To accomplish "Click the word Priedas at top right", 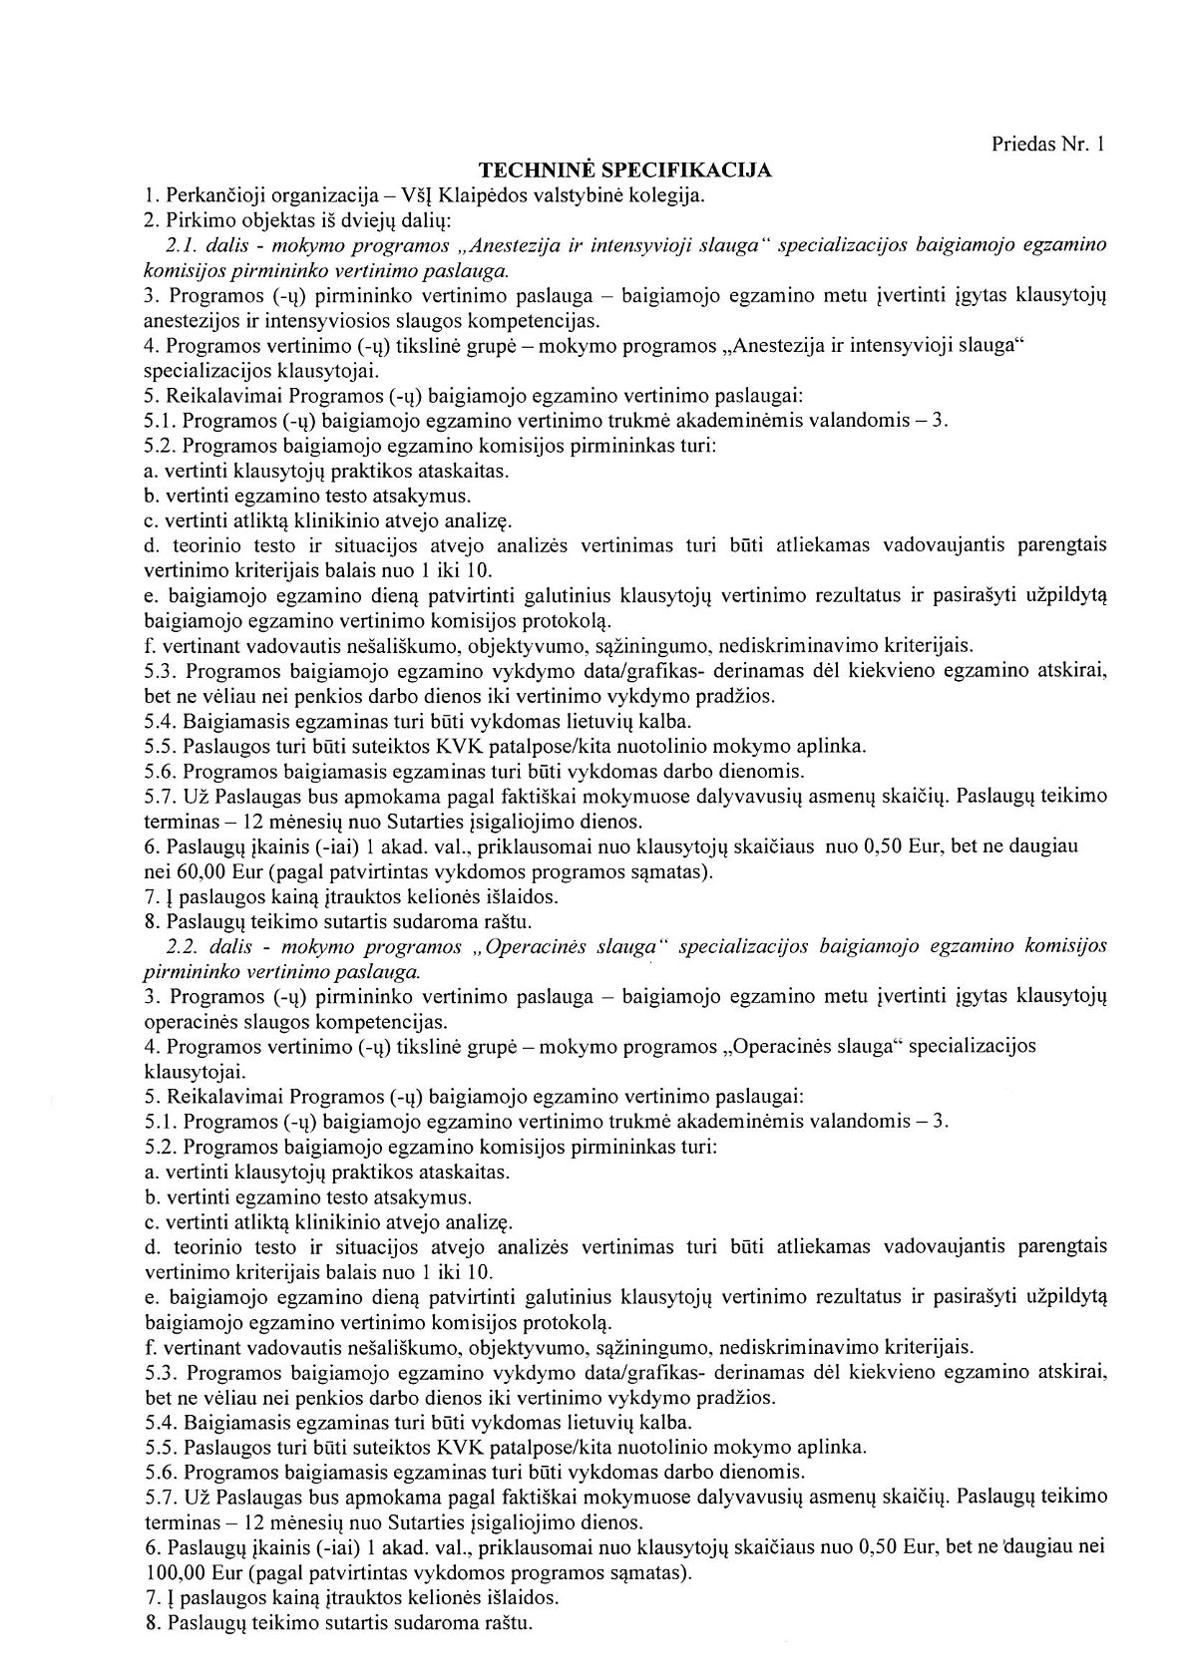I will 1021,145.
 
